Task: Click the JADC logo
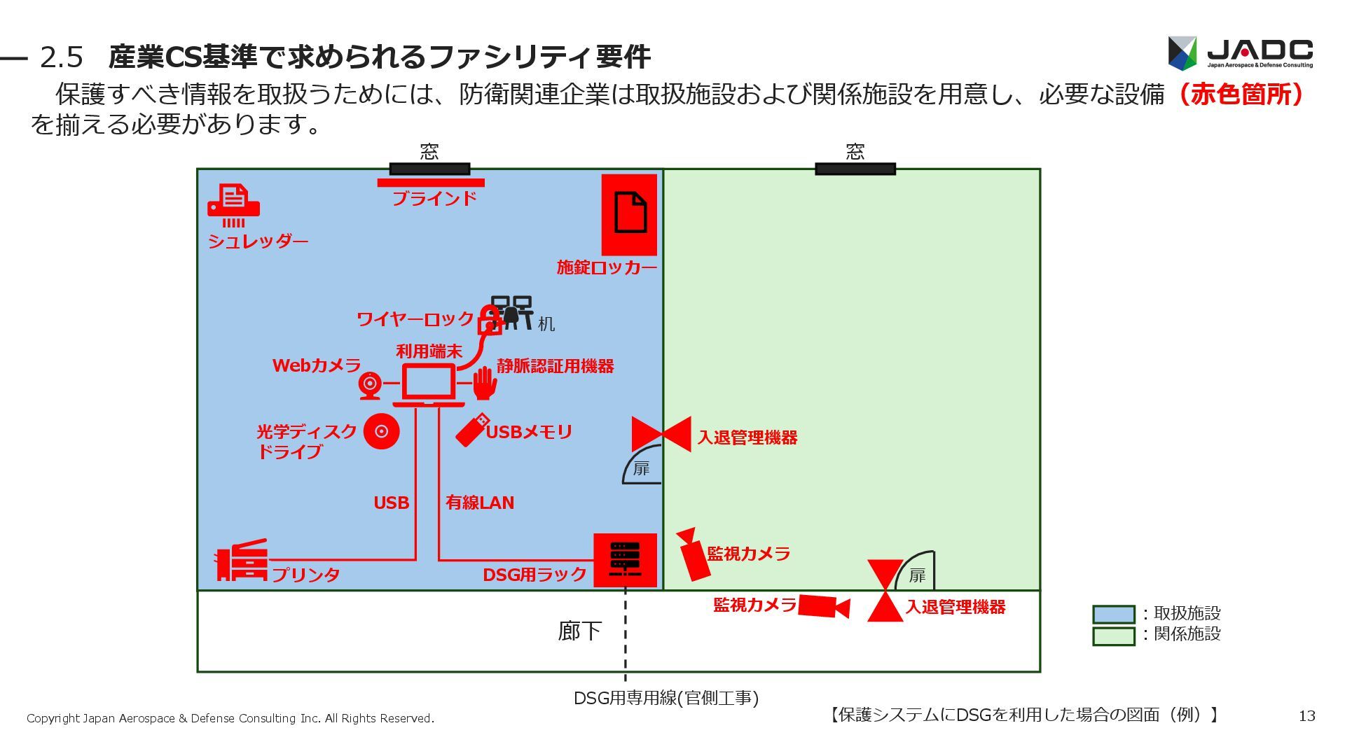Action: [x=1240, y=53]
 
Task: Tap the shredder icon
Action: [x=233, y=205]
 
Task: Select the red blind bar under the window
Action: [x=430, y=183]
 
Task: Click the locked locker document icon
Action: [x=629, y=213]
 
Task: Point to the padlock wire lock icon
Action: [x=488, y=321]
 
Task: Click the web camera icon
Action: [x=370, y=384]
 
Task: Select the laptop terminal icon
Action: [x=428, y=385]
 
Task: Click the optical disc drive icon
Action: [x=381, y=431]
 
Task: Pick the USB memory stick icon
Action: [x=472, y=429]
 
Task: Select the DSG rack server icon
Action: [x=625, y=559]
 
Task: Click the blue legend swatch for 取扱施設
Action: [x=1113, y=614]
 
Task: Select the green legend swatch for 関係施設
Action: [x=1113, y=636]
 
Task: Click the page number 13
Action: [x=1306, y=715]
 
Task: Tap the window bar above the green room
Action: [x=855, y=169]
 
